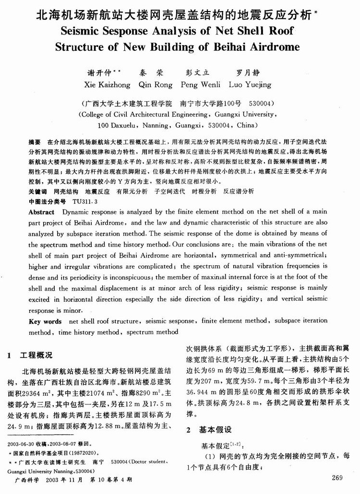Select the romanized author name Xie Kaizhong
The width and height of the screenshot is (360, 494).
coord(107,84)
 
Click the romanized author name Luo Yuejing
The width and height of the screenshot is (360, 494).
coord(250,84)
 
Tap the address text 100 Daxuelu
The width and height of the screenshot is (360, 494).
coord(117,125)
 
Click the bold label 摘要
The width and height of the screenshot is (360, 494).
coord(35,142)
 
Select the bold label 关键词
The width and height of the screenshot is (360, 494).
coord(38,191)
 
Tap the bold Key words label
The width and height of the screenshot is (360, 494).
coord(46,321)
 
